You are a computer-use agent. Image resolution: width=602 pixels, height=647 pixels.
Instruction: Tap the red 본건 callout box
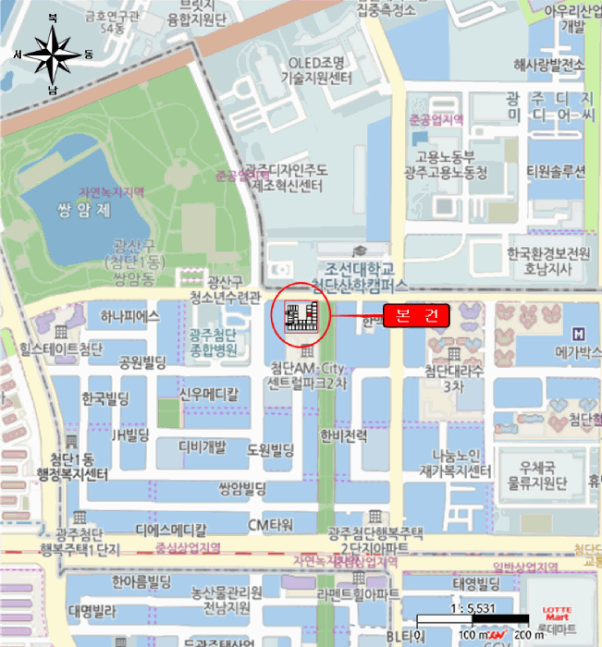point(415,315)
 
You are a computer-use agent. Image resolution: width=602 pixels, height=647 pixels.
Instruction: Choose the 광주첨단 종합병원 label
point(213,343)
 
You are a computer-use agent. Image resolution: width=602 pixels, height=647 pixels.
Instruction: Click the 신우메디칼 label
point(209,395)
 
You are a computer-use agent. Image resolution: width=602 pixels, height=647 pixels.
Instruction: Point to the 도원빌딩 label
point(270,449)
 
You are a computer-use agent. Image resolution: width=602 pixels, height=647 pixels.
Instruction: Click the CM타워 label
point(270,525)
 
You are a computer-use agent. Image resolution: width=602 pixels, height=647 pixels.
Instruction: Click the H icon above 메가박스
point(579,333)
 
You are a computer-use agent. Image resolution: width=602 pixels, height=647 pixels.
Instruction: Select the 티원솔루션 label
point(556,172)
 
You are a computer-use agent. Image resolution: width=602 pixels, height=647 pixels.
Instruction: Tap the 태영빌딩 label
point(475,583)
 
